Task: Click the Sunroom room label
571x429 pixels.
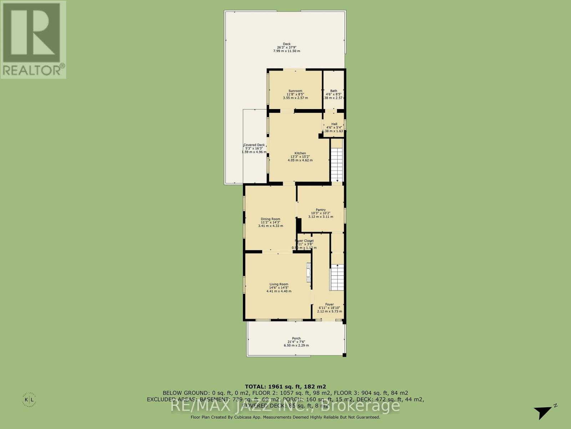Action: pyautogui.click(x=295, y=91)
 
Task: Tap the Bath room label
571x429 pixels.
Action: pyautogui.click(x=333, y=91)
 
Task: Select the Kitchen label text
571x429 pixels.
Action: pyautogui.click(x=300, y=153)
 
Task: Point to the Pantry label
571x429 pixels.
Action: pyautogui.click(x=320, y=210)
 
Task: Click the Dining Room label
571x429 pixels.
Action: pyautogui.click(x=271, y=219)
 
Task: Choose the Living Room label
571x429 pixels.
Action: pyautogui.click(x=279, y=285)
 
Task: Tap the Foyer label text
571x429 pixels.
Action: pyautogui.click(x=329, y=305)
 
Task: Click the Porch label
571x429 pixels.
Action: pyautogui.click(x=296, y=339)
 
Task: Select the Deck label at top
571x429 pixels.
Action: pyautogui.click(x=287, y=44)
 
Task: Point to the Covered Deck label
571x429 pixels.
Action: pyautogui.click(x=254, y=145)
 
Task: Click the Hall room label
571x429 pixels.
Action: pyautogui.click(x=334, y=124)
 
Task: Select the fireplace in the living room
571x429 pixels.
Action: pyautogui.click(x=308, y=273)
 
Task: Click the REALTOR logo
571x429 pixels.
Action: pyautogui.click(x=33, y=39)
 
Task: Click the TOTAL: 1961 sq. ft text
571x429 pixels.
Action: pyautogui.click(x=285, y=386)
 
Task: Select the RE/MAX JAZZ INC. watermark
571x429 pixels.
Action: pyautogui.click(x=285, y=406)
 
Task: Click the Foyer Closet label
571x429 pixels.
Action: pyautogui.click(x=304, y=241)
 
